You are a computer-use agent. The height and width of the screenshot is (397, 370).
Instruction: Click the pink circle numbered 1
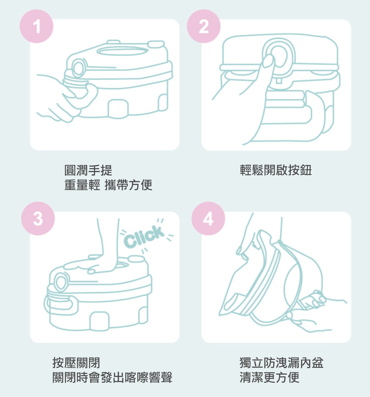[36, 26]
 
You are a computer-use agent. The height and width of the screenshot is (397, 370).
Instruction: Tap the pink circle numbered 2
[204, 26]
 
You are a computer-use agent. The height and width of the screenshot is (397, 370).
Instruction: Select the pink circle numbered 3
[38, 218]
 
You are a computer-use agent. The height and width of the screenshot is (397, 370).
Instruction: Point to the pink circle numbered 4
[208, 218]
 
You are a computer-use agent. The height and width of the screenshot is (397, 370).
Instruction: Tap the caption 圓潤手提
[88, 170]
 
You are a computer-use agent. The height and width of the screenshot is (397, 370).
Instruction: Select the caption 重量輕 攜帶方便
[108, 185]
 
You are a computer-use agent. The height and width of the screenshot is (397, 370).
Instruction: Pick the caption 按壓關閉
[76, 363]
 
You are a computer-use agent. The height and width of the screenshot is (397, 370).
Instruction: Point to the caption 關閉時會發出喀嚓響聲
[112, 378]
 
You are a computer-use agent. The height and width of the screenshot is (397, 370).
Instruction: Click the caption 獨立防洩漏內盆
[282, 363]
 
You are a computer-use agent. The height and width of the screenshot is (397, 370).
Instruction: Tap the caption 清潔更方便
[269, 378]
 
